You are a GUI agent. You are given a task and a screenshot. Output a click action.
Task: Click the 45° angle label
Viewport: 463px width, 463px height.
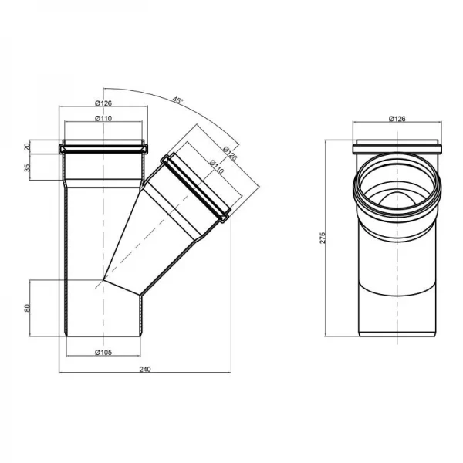(x=177, y=100)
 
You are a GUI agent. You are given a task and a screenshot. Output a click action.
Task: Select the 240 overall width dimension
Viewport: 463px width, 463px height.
(x=144, y=368)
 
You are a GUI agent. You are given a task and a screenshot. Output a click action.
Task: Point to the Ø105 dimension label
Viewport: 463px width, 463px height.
(x=104, y=353)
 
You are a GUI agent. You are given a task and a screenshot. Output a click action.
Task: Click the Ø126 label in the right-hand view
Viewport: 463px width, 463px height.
(x=397, y=119)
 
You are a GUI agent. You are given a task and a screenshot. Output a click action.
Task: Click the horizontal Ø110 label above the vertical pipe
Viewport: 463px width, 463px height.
(x=104, y=118)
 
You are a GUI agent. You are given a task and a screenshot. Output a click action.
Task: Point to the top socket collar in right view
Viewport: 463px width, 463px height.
(x=397, y=148)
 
